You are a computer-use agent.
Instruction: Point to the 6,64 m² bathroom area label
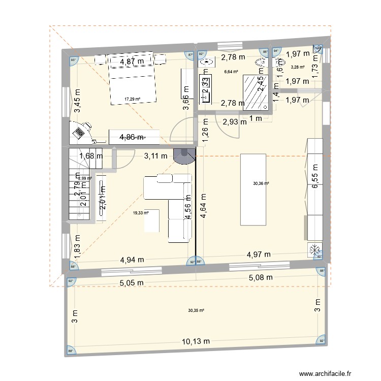click(231, 72)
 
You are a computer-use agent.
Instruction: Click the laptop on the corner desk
click(80, 133)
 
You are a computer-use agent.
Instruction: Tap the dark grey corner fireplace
click(183, 155)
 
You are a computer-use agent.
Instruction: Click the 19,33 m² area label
click(141, 213)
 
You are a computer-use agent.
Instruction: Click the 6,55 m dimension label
click(315, 177)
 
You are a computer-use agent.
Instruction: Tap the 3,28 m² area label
click(297, 67)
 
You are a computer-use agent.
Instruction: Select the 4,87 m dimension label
click(132, 61)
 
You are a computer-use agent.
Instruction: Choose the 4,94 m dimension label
click(132, 260)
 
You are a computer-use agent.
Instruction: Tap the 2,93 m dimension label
click(234, 121)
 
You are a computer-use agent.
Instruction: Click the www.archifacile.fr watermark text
click(326, 372)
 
